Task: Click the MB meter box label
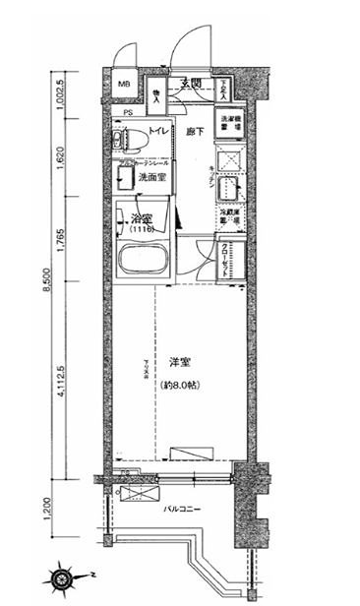(x=125, y=84)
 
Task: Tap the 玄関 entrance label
(x=190, y=84)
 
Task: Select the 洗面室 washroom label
(x=150, y=178)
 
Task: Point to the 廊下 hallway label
(x=195, y=130)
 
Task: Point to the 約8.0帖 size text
(x=180, y=384)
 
